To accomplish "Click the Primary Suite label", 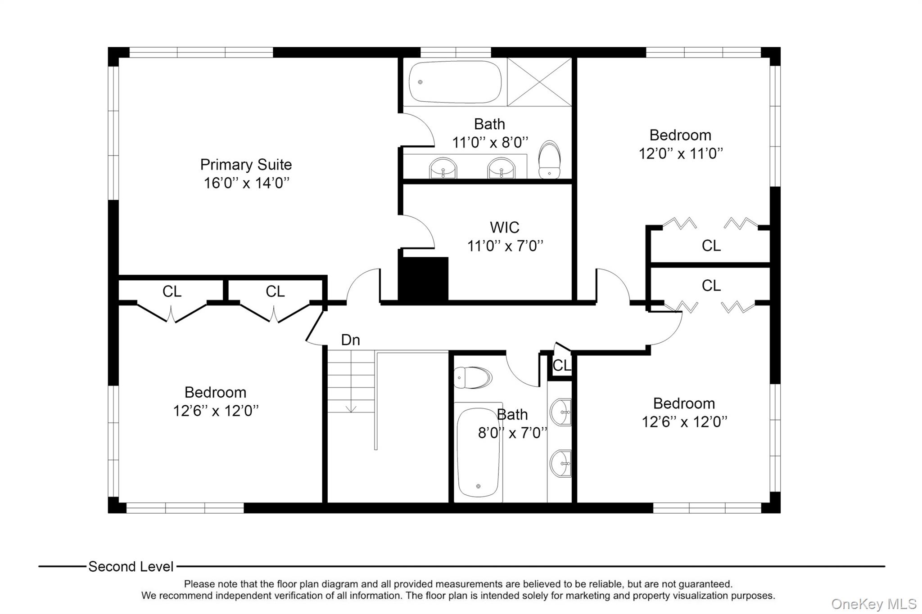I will tap(246, 165).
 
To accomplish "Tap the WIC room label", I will tap(504, 228).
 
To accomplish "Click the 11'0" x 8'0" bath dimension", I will tap(490, 143).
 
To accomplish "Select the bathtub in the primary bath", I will tap(455, 82).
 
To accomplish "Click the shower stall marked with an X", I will tap(539, 82).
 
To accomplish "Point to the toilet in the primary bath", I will tap(549, 160).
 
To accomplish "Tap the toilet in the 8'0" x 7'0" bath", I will tap(472, 377).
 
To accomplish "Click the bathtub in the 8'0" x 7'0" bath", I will tap(478, 452).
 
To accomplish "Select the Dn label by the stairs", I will tap(350, 340).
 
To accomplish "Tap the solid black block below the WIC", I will tap(423, 279).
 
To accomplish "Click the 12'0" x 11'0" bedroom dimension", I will tap(680, 154).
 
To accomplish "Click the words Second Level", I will tap(131, 567).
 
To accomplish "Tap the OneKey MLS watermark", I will tap(873, 604).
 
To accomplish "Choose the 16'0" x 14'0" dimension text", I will tap(246, 183).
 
